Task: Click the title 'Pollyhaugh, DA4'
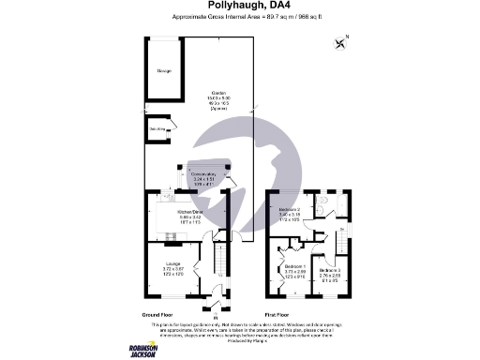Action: click(239, 7)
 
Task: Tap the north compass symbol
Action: click(339, 40)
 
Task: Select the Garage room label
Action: click(164, 70)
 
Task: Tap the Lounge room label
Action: click(172, 266)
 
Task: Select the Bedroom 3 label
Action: click(330, 273)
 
